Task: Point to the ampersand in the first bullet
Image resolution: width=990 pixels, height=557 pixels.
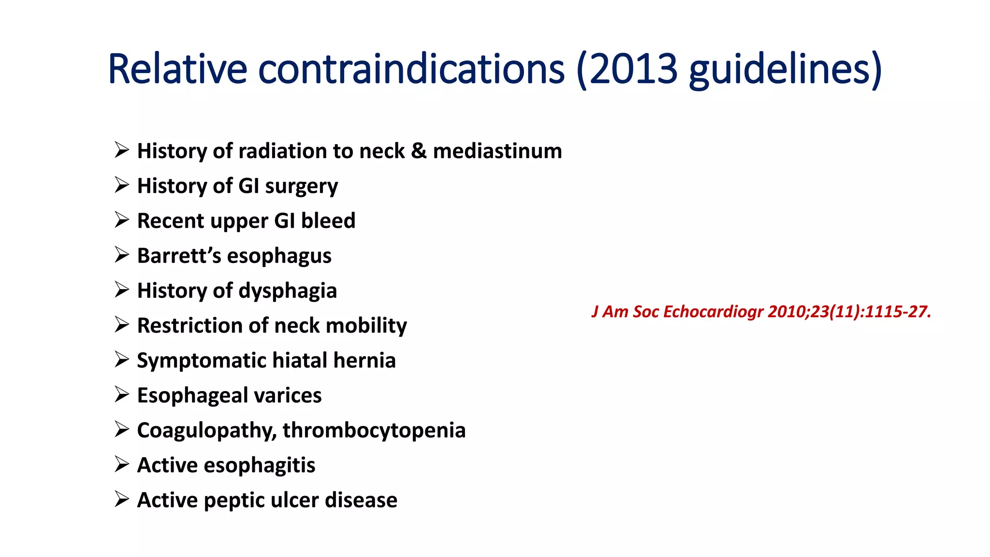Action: tap(419, 151)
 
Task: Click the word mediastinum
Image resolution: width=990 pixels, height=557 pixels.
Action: tap(497, 151)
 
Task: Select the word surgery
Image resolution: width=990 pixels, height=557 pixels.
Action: tap(302, 186)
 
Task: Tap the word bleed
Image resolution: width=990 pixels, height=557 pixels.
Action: tap(328, 220)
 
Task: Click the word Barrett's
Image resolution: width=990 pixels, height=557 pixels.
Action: tap(179, 255)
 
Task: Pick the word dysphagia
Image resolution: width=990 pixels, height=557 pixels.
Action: tap(288, 291)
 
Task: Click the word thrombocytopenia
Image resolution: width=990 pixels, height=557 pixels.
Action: tap(374, 430)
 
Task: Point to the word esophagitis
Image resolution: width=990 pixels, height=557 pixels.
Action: tap(260, 465)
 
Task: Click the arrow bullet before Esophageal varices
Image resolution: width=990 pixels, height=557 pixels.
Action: tap(122, 395)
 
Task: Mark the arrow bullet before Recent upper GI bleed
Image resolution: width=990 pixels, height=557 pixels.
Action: tap(122, 220)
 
